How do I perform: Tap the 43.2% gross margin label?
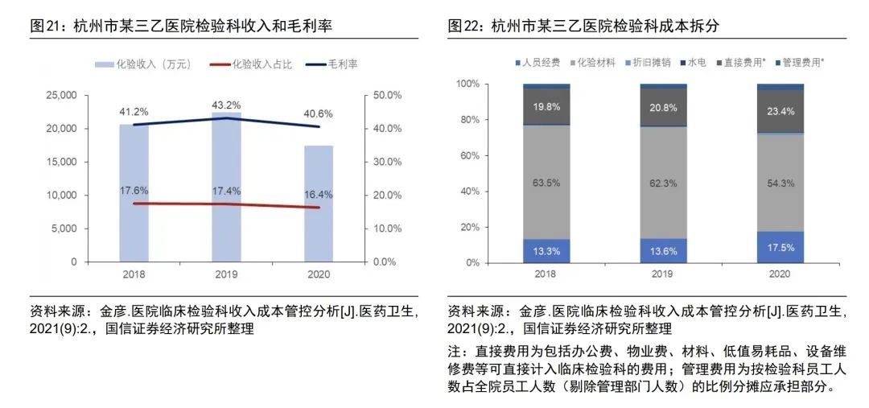click(x=226, y=105)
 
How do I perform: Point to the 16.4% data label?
click(x=319, y=194)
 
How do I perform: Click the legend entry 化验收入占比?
click(x=258, y=64)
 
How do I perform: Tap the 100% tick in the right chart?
click(x=467, y=84)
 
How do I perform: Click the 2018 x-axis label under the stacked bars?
click(x=546, y=274)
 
